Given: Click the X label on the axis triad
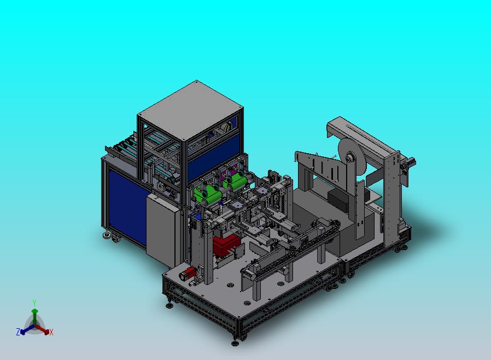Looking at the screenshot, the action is [51, 333].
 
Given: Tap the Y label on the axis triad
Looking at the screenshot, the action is [34, 303].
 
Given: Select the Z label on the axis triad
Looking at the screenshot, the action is [18, 332].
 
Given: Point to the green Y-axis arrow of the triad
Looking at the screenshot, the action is [34, 317].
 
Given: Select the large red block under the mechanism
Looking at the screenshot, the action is [226, 246].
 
